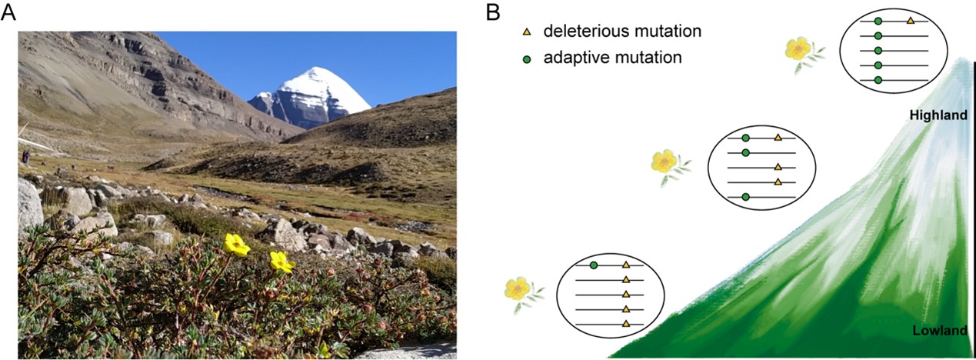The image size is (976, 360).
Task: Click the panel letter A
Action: pos(8,12)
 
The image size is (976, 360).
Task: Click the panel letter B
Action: pos(493,12)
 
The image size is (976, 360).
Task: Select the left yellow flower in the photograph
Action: pos(236,245)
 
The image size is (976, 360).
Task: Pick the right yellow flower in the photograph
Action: pos(281,262)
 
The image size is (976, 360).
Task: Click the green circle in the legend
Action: pos(527,58)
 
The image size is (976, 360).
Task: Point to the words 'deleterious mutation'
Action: pos(621,32)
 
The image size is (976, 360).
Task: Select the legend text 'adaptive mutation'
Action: pos(612,58)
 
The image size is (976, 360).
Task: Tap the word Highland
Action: pos(938,115)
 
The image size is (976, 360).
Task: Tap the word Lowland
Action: pos(939,331)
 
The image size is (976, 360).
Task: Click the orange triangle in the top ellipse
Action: pos(911,21)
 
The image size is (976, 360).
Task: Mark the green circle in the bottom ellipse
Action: pos(594,265)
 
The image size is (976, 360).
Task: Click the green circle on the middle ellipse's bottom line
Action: pos(745,197)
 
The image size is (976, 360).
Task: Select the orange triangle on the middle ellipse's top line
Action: pos(778,138)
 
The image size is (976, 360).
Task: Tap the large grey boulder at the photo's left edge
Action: pos(29,203)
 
